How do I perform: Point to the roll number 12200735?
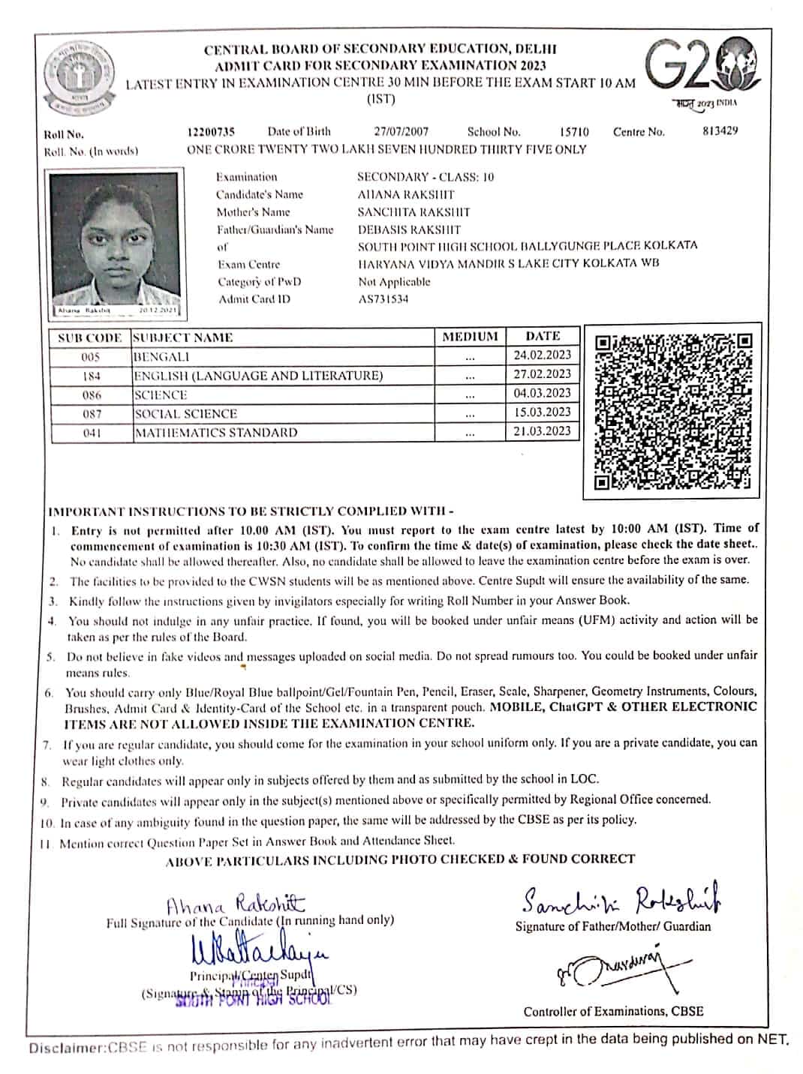[x=211, y=132]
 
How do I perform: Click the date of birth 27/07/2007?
[x=401, y=131]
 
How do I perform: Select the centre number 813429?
[x=720, y=130]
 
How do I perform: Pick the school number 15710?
[x=574, y=132]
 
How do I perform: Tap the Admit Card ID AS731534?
[x=383, y=299]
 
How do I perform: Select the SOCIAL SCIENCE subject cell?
[x=185, y=413]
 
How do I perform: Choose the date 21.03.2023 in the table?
[x=542, y=431]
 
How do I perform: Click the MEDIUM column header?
[x=470, y=337]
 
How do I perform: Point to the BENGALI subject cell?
[x=161, y=356]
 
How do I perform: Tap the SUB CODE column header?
[x=89, y=337]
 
